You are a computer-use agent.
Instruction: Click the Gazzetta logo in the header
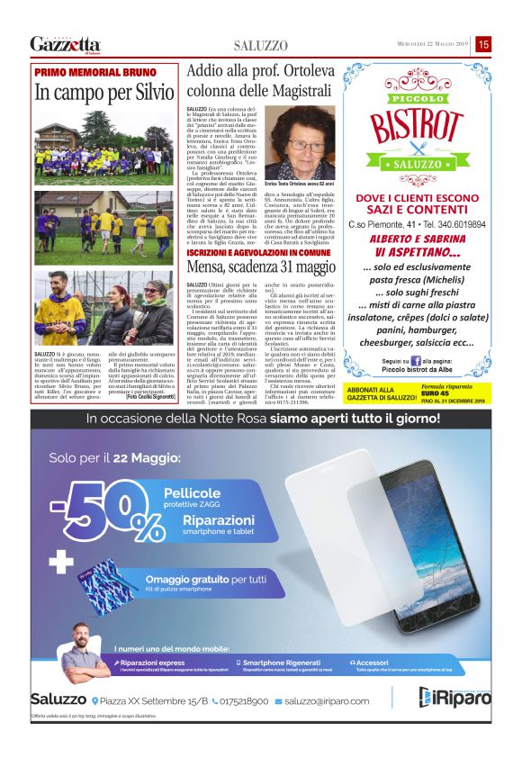65,44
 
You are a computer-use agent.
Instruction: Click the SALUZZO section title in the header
261,45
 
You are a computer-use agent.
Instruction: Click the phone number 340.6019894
460,224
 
